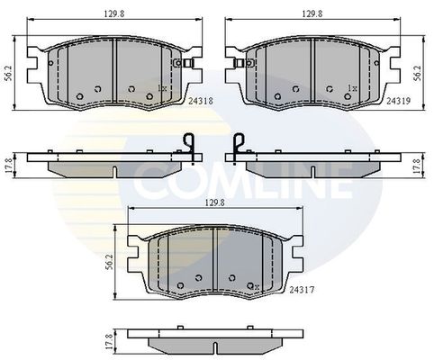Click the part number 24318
pyautogui.click(x=201, y=102)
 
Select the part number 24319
pyautogui.click(x=398, y=101)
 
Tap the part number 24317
pyautogui.click(x=302, y=290)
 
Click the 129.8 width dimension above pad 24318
pyautogui.click(x=114, y=13)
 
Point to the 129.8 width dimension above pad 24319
pyautogui.click(x=312, y=13)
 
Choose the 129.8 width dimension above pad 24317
pyautogui.click(x=215, y=202)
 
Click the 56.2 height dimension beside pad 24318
pyautogui.click(x=8, y=73)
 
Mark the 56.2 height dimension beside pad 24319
pyautogui.click(x=417, y=73)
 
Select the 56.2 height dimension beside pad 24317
pyautogui.click(x=110, y=262)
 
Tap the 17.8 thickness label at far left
pyautogui.click(x=9, y=166)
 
